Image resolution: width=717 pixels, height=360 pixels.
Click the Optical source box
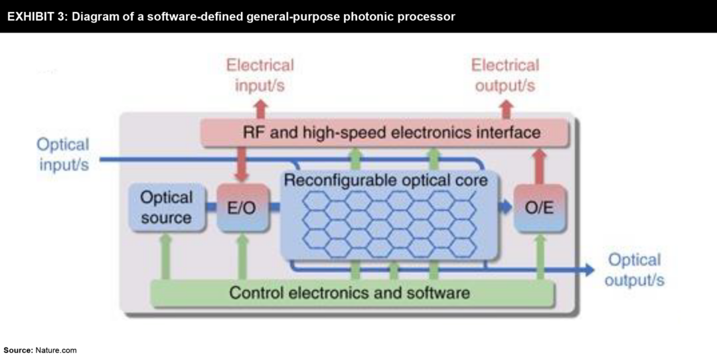pyautogui.click(x=166, y=208)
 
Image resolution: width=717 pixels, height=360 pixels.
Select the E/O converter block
pyautogui.click(x=242, y=208)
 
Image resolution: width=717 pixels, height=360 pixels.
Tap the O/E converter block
pyautogui.click(x=539, y=208)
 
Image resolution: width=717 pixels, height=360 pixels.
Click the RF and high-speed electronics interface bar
pyautogui.click(x=385, y=133)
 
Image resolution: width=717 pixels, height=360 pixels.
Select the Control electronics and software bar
pyautogui.click(x=352, y=293)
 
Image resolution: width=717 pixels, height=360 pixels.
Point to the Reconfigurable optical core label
pyautogui.click(x=385, y=180)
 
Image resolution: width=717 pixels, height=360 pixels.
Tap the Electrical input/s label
pyautogui.click(x=260, y=75)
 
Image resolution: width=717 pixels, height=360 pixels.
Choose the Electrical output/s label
pyautogui.click(x=505, y=75)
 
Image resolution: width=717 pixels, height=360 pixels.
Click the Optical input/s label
pyautogui.click(x=63, y=154)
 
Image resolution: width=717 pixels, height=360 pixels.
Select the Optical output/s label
pyautogui.click(x=634, y=270)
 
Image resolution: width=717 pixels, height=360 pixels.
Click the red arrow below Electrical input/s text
pyautogui.click(x=260, y=109)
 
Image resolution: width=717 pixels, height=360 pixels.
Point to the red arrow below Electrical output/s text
pyautogui.click(x=507, y=109)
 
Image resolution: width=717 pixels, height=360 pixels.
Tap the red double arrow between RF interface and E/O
pyautogui.click(x=242, y=165)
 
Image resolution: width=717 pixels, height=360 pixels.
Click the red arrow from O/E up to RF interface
pyautogui.click(x=539, y=165)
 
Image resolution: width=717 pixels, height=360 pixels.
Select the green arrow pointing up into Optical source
pyautogui.click(x=166, y=256)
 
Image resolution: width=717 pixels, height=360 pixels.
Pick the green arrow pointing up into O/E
pyautogui.click(x=540, y=256)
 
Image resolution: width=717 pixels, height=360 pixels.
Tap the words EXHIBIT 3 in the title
pyautogui.click(x=34, y=17)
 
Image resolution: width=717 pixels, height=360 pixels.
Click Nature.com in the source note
pyautogui.click(x=56, y=350)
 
